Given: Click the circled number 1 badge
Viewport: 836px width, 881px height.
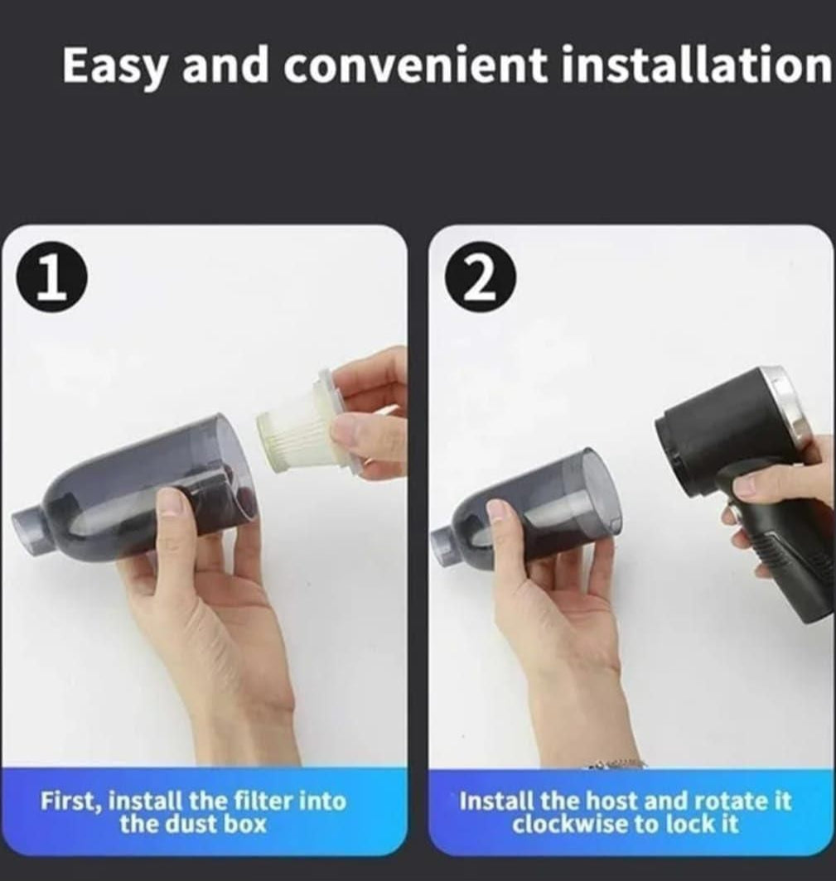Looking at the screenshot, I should tap(51, 280).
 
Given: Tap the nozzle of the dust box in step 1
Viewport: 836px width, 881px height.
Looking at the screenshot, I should tap(29, 522).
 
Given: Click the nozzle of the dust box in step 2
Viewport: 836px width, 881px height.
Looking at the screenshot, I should tap(446, 546).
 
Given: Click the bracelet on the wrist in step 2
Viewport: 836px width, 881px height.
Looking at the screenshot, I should tap(617, 763).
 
